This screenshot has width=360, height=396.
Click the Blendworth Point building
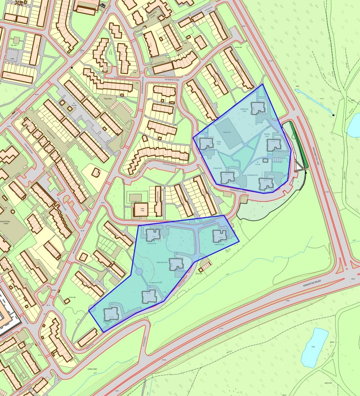coord(258,108)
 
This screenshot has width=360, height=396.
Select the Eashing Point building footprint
coord(274,145)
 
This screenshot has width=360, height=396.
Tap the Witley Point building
coord(206,144)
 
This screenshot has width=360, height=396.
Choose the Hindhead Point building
coord(266,183)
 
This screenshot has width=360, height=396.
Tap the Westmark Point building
coord(176,264)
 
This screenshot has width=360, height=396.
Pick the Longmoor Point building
coord(149,295)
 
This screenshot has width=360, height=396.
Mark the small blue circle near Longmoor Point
coord(139,271)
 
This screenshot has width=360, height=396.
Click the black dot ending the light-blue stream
coord(333,115)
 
